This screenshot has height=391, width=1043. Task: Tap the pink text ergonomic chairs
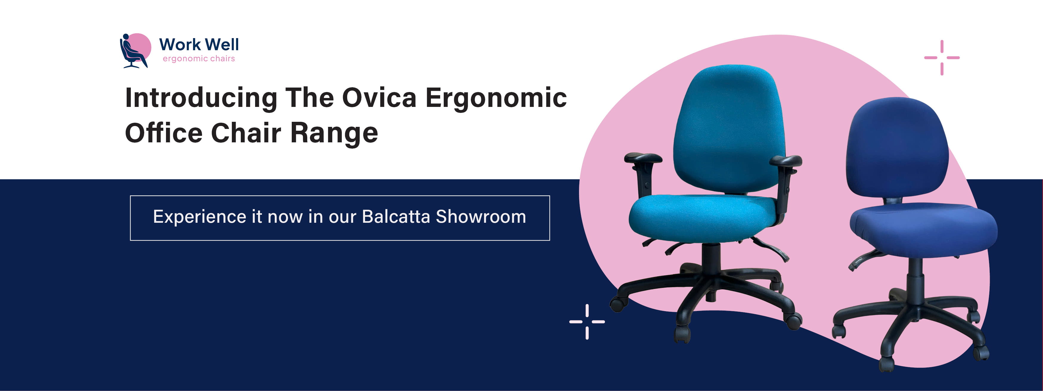pos(198,59)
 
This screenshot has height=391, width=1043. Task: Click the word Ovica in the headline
pos(379,98)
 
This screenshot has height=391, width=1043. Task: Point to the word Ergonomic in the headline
pos(496,98)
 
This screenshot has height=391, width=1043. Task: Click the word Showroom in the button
pos(481,217)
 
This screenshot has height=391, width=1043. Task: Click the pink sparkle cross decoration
pos(942,57)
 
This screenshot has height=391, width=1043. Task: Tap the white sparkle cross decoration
pos(587,322)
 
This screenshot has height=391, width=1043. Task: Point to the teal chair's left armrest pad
pos(643,158)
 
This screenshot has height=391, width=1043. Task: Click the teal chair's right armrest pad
pos(786,161)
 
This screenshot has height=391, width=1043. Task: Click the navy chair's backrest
pos(897,150)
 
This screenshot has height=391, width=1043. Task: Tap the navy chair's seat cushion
pos(923,229)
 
